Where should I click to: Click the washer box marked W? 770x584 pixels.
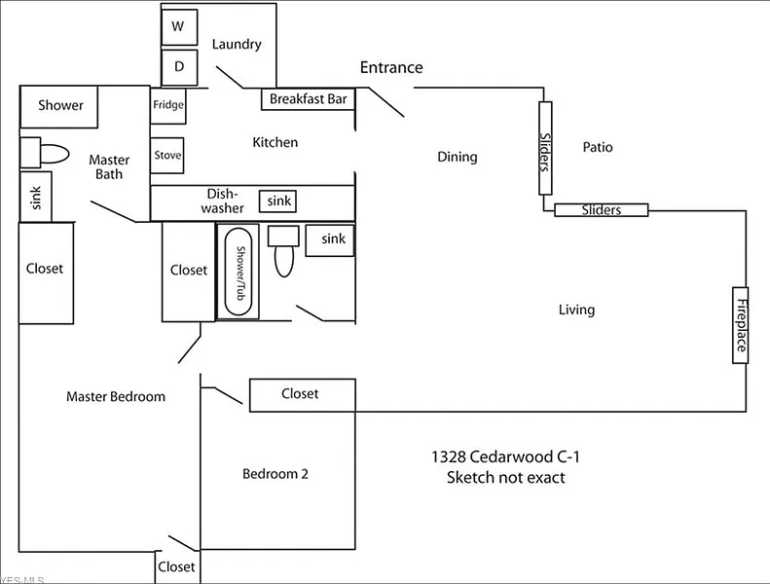click(179, 27)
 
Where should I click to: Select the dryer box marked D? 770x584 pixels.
click(179, 67)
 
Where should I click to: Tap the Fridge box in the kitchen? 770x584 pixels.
click(167, 105)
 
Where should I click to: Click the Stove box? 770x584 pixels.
click(167, 156)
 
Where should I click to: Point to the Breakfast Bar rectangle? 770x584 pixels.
click(309, 98)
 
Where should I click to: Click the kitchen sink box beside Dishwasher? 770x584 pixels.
click(278, 201)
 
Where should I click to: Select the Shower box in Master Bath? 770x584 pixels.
click(60, 106)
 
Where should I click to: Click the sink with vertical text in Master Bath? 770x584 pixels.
click(36, 197)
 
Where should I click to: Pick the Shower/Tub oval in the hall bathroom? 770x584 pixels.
click(238, 271)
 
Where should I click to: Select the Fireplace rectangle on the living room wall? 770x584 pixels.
click(741, 325)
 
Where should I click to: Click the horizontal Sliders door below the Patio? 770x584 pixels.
click(601, 209)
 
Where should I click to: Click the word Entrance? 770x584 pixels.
click(391, 67)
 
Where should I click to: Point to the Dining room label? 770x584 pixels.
click(457, 157)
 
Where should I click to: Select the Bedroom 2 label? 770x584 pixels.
click(275, 474)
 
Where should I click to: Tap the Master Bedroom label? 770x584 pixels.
click(116, 396)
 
